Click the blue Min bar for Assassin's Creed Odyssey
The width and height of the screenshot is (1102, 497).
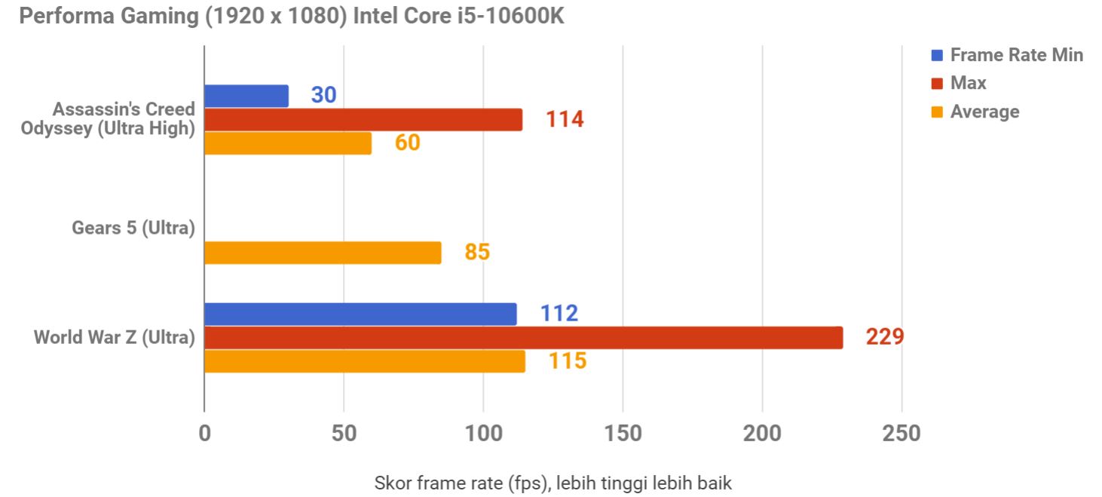click(246, 96)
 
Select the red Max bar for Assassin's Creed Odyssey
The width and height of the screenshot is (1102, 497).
click(363, 119)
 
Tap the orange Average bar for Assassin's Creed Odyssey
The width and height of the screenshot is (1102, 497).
click(287, 143)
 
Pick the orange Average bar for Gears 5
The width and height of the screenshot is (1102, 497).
click(322, 253)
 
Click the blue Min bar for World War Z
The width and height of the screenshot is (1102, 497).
click(360, 314)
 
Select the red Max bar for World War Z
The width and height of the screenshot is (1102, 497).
click(523, 338)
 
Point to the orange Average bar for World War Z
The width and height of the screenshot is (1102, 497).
click(364, 361)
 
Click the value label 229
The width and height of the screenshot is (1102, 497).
click(884, 337)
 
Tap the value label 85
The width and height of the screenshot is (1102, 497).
click(477, 252)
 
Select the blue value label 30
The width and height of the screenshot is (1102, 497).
click(323, 95)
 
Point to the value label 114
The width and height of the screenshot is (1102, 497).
click(565, 119)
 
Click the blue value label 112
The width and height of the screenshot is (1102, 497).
click(559, 314)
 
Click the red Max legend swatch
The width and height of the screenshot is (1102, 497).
click(937, 83)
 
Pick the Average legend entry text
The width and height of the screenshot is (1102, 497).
click(984, 112)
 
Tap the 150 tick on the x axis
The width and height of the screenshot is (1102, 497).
click(623, 434)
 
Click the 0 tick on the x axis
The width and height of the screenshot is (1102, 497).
click(204, 434)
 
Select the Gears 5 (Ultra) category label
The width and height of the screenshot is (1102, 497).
click(133, 228)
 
